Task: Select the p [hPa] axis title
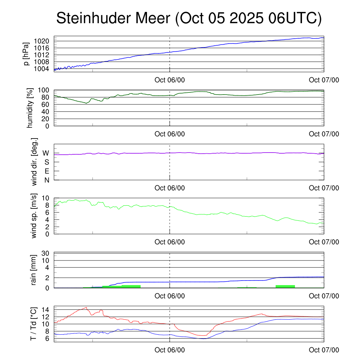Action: [26, 53]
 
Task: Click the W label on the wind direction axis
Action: [46, 153]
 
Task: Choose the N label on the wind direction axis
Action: [46, 180]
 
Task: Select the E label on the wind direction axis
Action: [46, 171]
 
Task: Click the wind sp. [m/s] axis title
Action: [34, 216]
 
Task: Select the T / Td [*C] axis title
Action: [34, 324]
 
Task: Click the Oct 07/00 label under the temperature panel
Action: [324, 350]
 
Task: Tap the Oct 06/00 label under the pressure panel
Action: [169, 80]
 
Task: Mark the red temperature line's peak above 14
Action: [86, 307]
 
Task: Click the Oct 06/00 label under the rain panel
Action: [169, 296]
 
